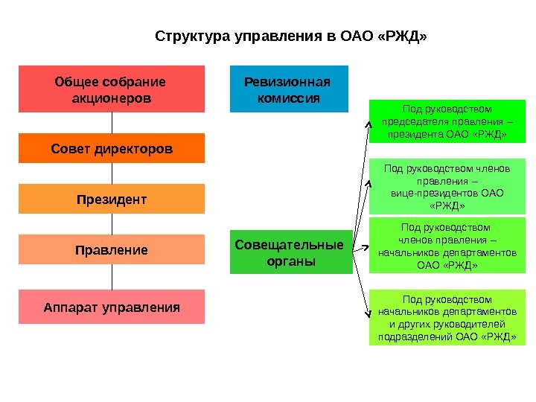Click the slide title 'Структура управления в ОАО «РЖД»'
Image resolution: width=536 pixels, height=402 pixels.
point(291,36)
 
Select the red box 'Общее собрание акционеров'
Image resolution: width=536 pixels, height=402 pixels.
point(111,89)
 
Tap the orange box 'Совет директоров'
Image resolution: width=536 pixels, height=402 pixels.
point(111,149)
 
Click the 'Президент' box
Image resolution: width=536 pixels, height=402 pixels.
point(111,200)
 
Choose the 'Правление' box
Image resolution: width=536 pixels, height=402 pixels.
point(111,250)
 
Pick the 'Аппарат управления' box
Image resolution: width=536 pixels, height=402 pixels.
point(111,307)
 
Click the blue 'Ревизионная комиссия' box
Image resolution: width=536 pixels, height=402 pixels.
point(289,89)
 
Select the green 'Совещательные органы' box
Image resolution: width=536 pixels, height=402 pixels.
point(290,252)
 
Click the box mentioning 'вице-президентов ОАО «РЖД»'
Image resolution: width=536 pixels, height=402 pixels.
point(447,187)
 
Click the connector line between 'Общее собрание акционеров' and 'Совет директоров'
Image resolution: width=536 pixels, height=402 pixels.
point(112,123)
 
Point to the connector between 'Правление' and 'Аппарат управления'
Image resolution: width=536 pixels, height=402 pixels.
point(112,278)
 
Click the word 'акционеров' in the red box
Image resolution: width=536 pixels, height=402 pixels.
point(111,98)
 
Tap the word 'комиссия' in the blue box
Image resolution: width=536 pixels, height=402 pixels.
point(289,98)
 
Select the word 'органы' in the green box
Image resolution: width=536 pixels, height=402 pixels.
point(290,261)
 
